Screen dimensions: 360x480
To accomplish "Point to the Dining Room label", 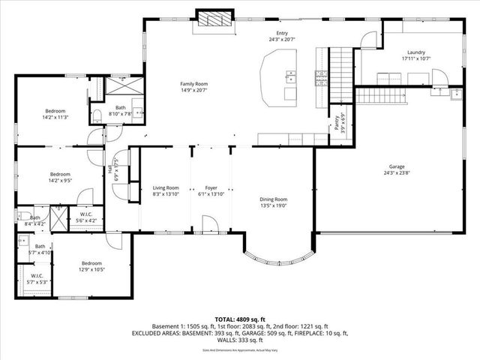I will click(x=273, y=199).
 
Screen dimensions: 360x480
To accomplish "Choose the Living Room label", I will click(x=166, y=187).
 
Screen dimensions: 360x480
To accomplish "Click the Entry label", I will click(x=282, y=33).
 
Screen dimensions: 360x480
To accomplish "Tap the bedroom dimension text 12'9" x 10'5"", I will click(x=91, y=269).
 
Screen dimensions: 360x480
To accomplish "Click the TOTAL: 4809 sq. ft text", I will click(x=240, y=319).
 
